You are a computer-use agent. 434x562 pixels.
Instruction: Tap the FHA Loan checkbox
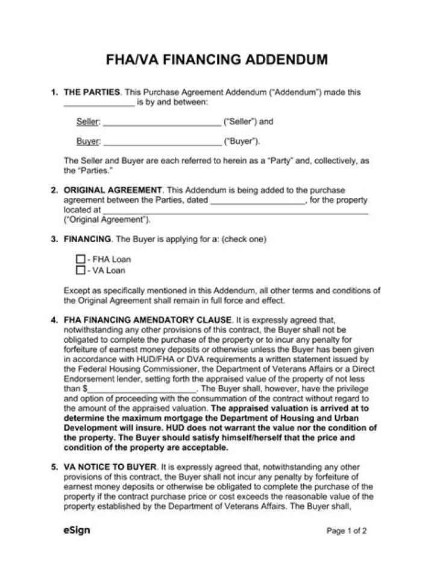click(80, 259)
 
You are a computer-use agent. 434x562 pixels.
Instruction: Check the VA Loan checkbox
click(80, 270)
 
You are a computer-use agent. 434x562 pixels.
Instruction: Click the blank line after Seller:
click(162, 122)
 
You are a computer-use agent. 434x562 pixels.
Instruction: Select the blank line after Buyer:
click(162, 142)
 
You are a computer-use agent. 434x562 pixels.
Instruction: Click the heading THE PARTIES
click(92, 92)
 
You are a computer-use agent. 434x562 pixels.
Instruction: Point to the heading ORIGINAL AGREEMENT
click(113, 190)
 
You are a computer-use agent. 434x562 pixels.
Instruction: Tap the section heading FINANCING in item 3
click(87, 239)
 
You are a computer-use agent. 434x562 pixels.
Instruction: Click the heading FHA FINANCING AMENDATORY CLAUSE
click(148, 319)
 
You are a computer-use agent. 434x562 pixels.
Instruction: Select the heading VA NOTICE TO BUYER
click(110, 467)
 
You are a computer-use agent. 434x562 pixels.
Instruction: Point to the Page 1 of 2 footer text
click(347, 532)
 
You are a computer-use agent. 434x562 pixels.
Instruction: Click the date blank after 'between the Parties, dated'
click(258, 200)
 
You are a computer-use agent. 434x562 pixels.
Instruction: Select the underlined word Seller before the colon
click(87, 122)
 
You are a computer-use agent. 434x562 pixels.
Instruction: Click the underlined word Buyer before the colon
click(87, 142)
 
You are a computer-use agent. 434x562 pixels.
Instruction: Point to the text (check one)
click(244, 239)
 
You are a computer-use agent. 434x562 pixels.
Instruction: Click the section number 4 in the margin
click(54, 319)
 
